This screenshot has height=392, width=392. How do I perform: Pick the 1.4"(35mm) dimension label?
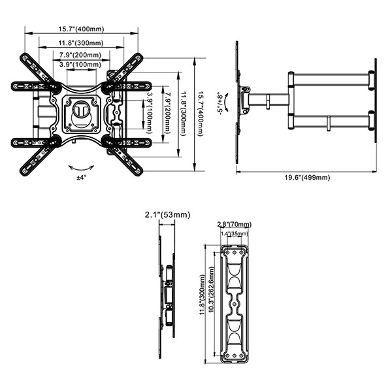(235, 233)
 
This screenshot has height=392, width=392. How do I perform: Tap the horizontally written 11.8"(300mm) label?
(81, 43)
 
